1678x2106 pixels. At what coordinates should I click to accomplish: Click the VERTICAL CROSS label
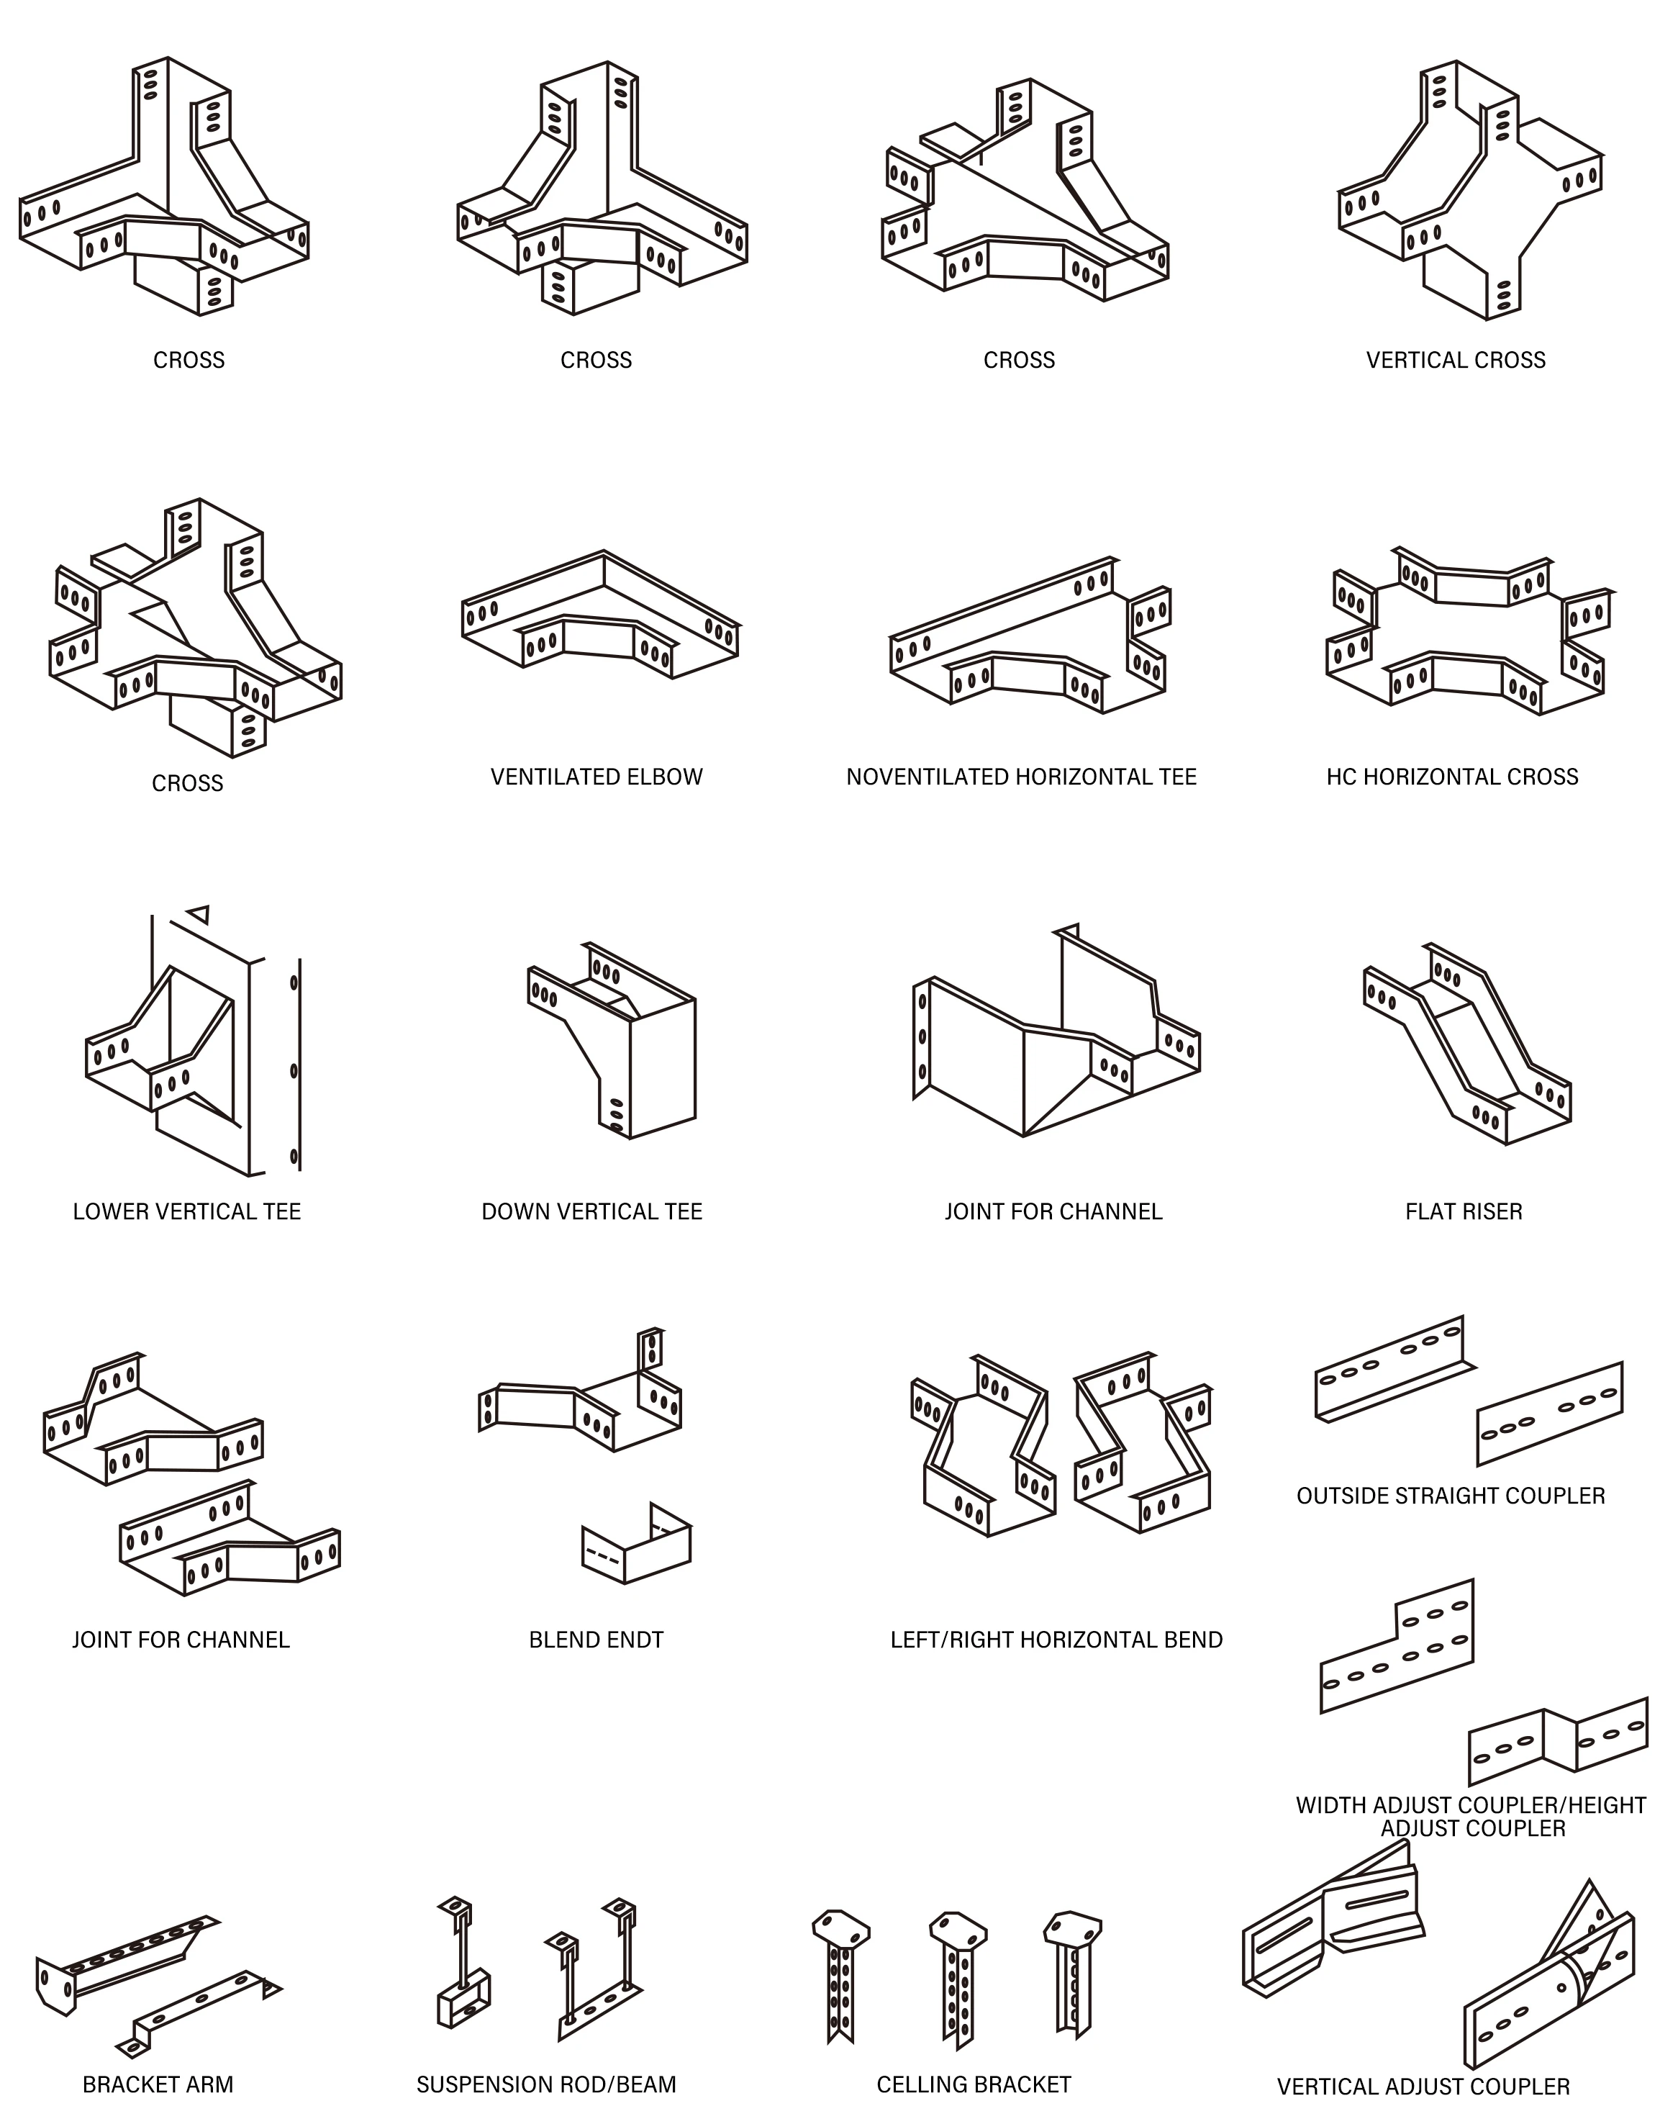[1456, 361]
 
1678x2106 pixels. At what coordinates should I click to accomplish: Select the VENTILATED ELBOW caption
[597, 777]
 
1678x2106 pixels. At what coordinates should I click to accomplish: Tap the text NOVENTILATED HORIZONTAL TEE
[1020, 777]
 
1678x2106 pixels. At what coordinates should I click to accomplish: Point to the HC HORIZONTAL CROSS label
[1451, 777]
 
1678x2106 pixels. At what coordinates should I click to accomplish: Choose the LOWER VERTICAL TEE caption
[186, 1211]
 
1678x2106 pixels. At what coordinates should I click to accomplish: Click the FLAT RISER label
[1463, 1211]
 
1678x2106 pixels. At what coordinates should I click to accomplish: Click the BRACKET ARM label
[158, 2084]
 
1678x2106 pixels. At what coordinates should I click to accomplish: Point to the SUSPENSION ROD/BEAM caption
[546, 2084]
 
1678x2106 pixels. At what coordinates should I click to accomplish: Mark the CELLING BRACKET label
[973, 2084]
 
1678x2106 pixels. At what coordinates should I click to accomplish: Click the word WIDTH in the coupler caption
[1329, 1805]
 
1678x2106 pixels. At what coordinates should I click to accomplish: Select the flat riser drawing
[1467, 1043]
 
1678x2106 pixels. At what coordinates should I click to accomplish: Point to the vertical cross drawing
[1470, 191]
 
